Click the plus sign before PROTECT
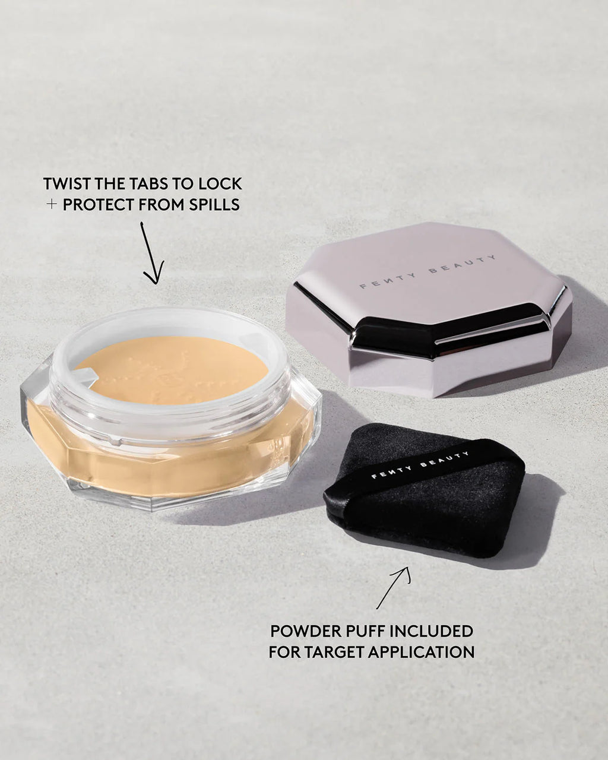point(52,205)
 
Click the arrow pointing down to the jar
point(151,252)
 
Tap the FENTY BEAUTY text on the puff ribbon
point(419,465)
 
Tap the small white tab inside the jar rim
point(84,375)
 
